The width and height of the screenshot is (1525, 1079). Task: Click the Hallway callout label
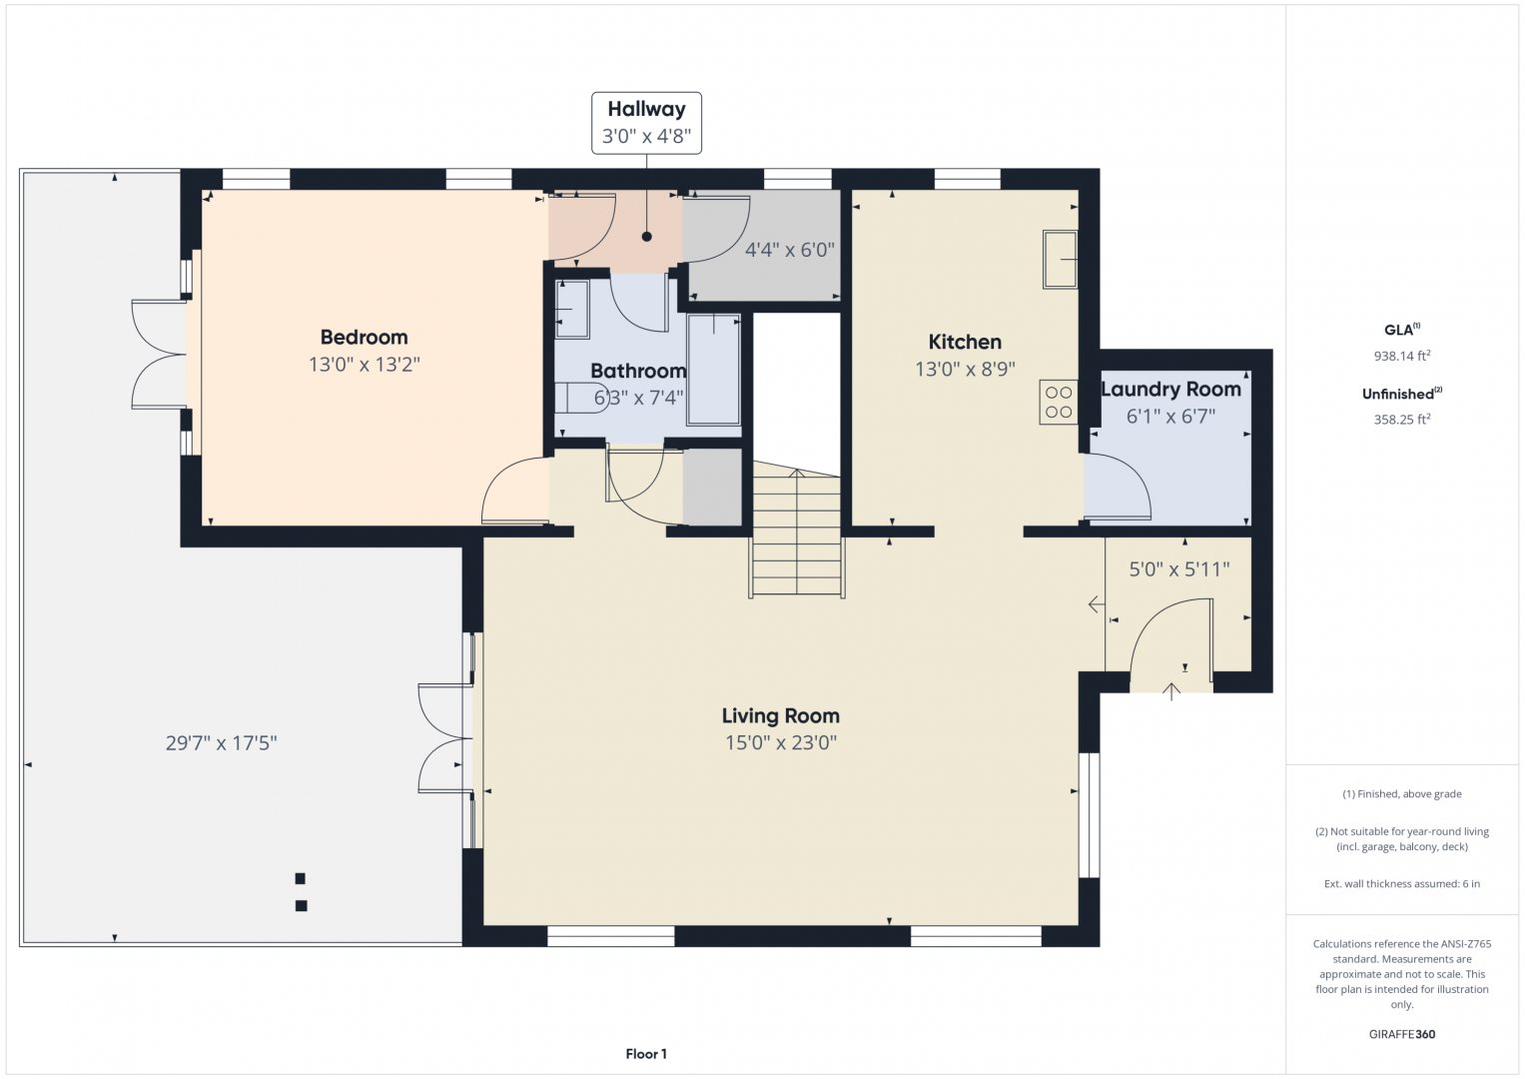(x=646, y=123)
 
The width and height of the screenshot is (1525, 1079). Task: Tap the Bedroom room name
(x=365, y=337)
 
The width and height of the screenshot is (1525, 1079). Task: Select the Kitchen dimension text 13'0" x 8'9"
(x=965, y=370)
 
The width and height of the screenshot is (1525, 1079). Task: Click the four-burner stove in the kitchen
(x=1059, y=402)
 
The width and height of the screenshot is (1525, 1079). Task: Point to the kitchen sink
(x=1060, y=260)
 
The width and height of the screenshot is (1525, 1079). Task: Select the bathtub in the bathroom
(x=713, y=370)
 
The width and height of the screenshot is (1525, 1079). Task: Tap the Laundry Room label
(x=1170, y=389)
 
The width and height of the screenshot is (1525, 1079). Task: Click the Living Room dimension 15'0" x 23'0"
(x=781, y=741)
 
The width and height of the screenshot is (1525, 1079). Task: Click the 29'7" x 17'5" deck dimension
(x=222, y=742)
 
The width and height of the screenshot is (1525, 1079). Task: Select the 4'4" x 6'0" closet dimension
(x=790, y=250)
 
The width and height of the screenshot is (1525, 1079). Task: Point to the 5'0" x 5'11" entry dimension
(x=1179, y=568)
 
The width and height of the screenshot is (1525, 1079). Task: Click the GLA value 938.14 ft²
(x=1402, y=356)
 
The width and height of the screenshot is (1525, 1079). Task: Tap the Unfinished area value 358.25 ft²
(x=1402, y=419)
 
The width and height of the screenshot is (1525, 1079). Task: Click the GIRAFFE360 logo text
(x=1402, y=1034)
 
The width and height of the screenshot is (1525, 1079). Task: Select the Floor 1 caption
(x=646, y=1054)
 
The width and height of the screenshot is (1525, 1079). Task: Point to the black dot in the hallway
(x=647, y=237)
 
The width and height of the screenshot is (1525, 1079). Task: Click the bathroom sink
(x=572, y=310)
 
